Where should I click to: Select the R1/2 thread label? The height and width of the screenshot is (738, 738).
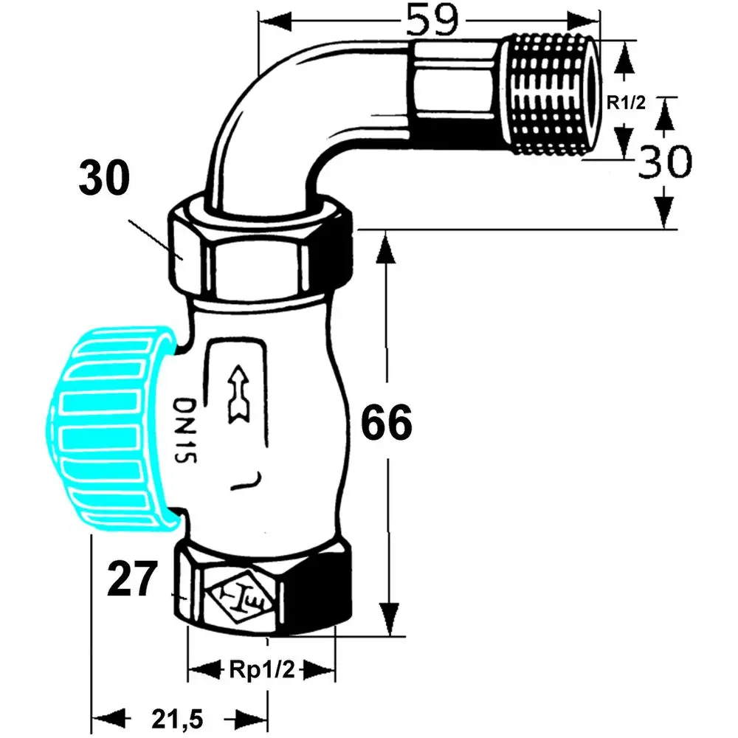(x=626, y=103)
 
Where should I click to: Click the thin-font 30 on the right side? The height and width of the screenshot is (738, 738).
(x=664, y=162)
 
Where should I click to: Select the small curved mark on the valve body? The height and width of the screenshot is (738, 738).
(x=247, y=482)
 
